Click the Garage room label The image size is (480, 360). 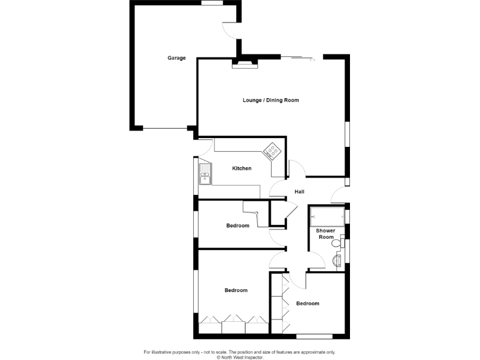tap(176, 58)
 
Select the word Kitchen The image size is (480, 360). tap(242, 169)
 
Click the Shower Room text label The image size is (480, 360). tap(326, 234)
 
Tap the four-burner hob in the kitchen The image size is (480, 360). tap(272, 151)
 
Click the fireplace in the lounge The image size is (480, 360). tap(245, 62)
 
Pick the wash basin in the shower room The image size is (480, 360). tap(337, 261)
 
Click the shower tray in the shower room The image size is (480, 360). tap(327, 216)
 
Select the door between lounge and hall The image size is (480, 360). tap(296, 169)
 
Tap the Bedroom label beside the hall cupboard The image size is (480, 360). tap(237, 226)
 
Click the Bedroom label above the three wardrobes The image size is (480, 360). tap(236, 290)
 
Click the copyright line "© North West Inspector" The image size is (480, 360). tap(240, 357)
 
